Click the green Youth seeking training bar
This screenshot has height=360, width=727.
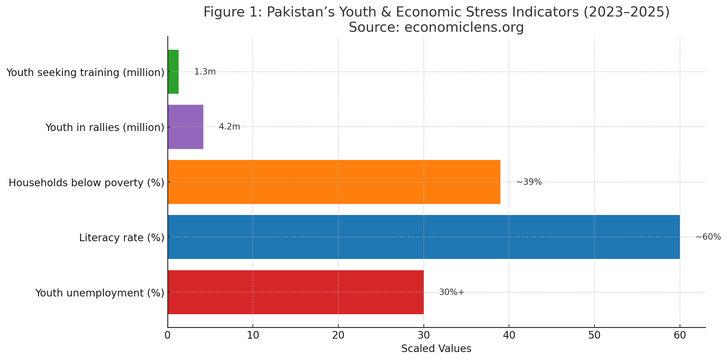(173, 72)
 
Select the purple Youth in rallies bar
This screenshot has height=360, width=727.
(185, 127)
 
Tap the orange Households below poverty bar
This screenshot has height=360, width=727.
(334, 182)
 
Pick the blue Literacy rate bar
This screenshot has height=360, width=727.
(423, 237)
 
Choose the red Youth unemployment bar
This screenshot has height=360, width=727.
(296, 292)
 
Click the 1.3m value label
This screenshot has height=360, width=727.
(205, 72)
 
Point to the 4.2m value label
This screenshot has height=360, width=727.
(229, 127)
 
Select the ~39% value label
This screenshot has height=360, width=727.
(529, 182)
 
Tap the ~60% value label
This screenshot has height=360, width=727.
(708, 237)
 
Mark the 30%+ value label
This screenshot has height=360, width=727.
(452, 292)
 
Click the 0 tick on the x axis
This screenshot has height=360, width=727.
(167, 335)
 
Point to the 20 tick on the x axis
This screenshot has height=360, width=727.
(338, 335)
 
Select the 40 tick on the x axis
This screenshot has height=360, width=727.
(509, 335)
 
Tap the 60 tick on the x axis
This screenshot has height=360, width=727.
(680, 335)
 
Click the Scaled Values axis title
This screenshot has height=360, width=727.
(436, 349)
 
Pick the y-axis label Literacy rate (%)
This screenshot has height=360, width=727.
(122, 238)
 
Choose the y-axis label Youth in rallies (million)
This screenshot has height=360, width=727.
(105, 127)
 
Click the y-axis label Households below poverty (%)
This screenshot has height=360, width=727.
(86, 183)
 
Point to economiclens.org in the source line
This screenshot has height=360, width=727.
(464, 27)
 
